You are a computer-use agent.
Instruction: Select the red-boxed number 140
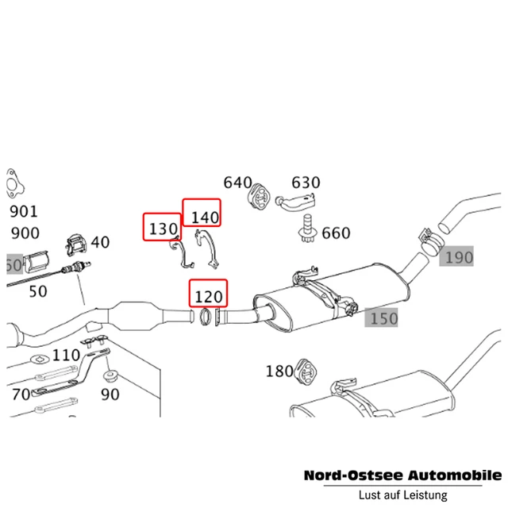point(202,215)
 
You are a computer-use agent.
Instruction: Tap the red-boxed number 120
point(208,297)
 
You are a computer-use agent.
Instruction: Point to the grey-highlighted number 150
point(382,318)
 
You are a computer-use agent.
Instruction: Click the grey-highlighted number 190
point(458,257)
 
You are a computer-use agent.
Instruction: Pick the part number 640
point(237,183)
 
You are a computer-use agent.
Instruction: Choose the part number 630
point(306,183)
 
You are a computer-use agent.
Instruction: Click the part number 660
point(335,233)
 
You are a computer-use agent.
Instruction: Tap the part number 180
point(279,371)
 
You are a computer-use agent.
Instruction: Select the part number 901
point(23,212)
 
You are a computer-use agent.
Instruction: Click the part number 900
point(23,233)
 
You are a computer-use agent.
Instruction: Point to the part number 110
point(66,355)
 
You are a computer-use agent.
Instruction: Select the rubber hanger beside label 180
point(305,371)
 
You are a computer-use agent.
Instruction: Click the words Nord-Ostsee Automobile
point(402,475)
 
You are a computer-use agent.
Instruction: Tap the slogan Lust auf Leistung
point(402,495)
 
